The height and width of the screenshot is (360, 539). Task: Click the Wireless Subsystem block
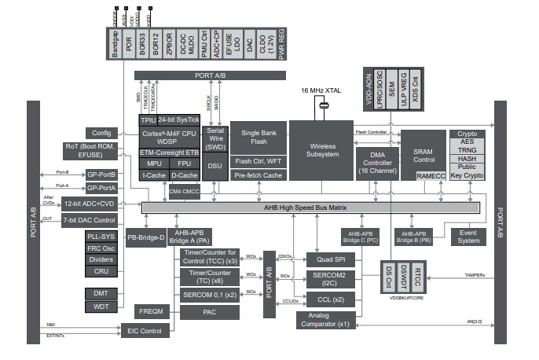[321, 150]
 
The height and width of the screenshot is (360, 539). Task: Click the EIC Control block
[144, 331]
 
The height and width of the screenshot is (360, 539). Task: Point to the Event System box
[468, 237]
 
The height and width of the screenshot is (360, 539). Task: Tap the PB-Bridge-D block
[145, 237]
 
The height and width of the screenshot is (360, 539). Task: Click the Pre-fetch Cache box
[258, 175]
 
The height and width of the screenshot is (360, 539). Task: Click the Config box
[102, 134]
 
